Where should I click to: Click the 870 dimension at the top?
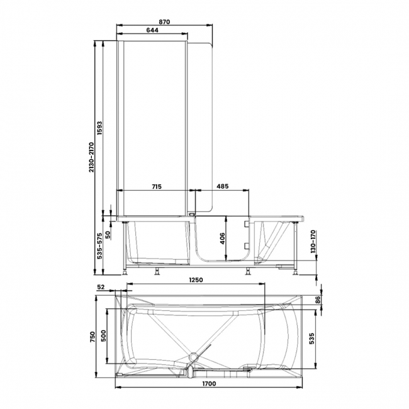(165, 21)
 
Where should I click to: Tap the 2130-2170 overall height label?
(92, 157)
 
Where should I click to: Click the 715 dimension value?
(157, 187)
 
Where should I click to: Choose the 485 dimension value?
(223, 187)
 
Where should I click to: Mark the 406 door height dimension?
(221, 238)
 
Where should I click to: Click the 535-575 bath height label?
(99, 247)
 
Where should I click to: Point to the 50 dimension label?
(108, 234)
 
